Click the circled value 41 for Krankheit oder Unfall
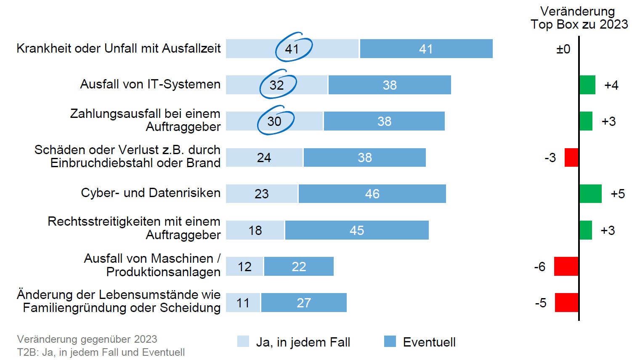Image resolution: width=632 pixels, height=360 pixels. point(292,49)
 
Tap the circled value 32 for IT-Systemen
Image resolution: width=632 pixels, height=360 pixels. point(277,85)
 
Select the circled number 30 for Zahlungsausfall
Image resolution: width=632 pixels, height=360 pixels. point(274,121)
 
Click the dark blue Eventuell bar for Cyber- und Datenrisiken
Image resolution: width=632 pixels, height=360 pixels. point(372,194)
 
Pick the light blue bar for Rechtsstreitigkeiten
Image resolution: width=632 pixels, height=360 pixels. point(255,230)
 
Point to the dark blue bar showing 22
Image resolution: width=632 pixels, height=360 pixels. point(299,267)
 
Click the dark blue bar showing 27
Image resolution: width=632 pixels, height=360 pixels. point(304,303)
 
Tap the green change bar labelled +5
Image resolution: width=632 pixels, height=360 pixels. point(590,194)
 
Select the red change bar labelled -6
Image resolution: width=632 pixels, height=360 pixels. point(566,267)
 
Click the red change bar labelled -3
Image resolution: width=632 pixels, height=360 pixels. point(571,157)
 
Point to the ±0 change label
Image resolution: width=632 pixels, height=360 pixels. point(563,49)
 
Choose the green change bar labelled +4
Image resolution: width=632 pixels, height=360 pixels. point(587,85)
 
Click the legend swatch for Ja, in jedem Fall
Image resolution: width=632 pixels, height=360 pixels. point(243,341)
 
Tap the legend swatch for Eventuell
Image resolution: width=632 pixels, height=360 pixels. point(390,341)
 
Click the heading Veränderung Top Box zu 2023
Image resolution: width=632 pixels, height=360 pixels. point(579,18)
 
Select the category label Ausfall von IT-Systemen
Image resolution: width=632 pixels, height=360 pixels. point(150,84)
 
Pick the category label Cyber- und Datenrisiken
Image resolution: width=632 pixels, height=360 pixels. point(151,193)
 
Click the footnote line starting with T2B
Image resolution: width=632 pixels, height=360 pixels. point(101,352)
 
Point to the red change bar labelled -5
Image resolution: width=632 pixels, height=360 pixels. point(566,303)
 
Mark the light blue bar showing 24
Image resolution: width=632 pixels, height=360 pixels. point(264,157)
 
